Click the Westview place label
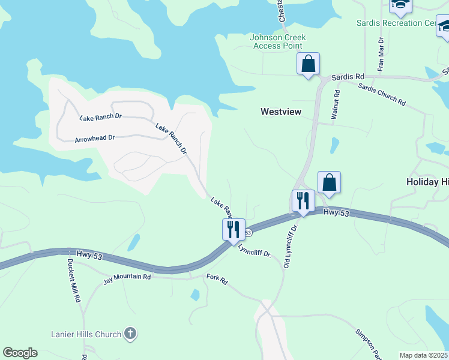(281, 112)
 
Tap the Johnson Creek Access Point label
(277, 41)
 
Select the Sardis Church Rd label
(382, 95)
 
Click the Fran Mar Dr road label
(381, 54)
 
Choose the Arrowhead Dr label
(94, 139)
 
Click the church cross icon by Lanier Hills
(130, 334)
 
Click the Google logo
(20, 353)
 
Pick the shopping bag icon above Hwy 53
(329, 182)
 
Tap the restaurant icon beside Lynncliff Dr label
(233, 229)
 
